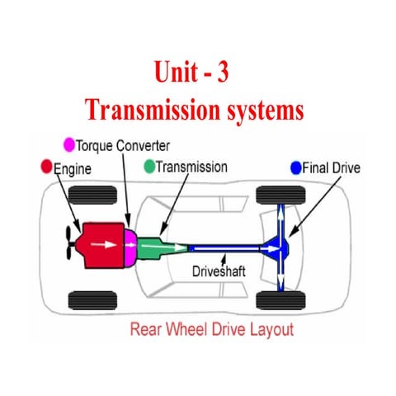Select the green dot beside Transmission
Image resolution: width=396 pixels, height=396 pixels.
pyautogui.click(x=148, y=167)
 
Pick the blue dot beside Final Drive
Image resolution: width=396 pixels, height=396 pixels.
pyautogui.click(x=296, y=168)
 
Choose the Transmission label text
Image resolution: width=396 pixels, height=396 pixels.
pyautogui.click(x=191, y=167)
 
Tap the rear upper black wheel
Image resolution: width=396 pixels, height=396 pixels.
pyautogui.click(x=275, y=196)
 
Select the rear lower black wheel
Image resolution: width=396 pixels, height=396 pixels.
pyautogui.click(x=275, y=299)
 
